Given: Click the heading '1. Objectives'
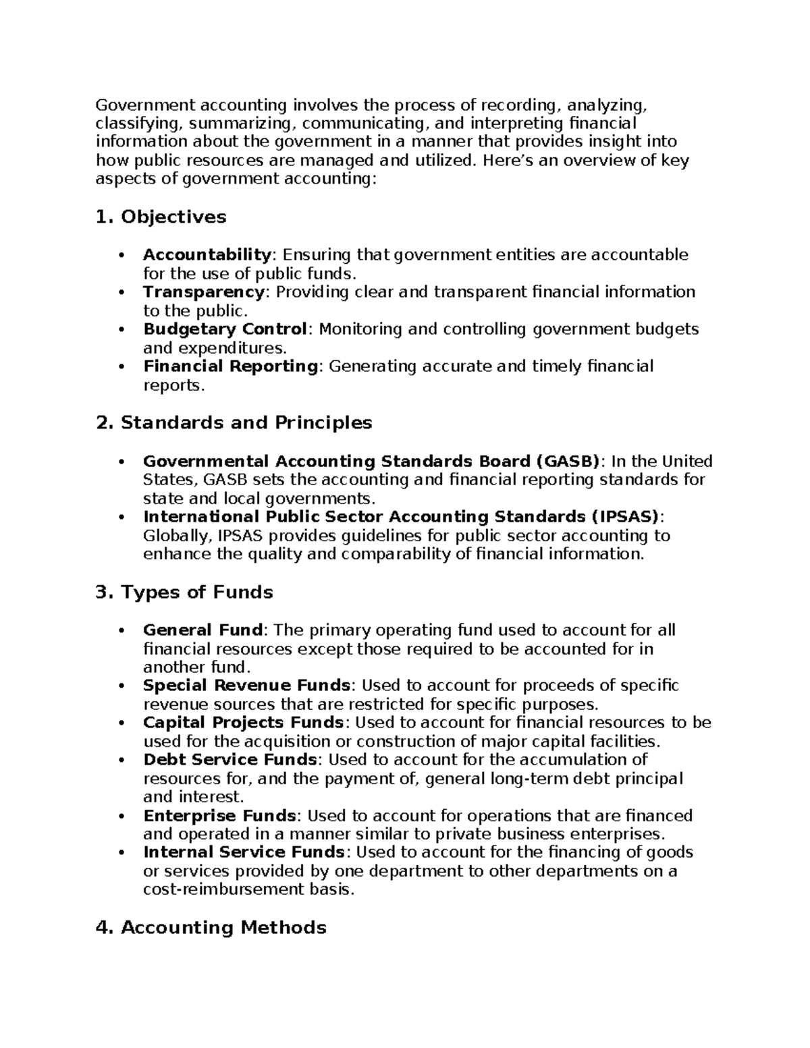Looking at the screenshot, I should (x=161, y=217).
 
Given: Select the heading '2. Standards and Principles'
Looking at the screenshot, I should (x=234, y=423).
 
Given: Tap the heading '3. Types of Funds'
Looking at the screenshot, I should (x=184, y=592).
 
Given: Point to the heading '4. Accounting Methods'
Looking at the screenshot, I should (x=211, y=928).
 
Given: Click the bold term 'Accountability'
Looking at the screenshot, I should (x=207, y=255).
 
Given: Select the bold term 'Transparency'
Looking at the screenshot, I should (x=203, y=292).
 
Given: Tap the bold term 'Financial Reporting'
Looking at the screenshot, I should (x=230, y=366).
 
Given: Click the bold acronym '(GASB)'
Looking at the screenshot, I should (x=567, y=462).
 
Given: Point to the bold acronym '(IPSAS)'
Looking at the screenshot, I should (x=625, y=517).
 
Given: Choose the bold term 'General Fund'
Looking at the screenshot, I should (x=202, y=630).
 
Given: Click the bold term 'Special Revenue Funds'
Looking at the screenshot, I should (x=246, y=686).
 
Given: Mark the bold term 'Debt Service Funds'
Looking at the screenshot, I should (x=230, y=760).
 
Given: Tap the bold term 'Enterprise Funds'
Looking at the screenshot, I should (x=219, y=816).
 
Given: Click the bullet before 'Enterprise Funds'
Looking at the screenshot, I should (x=122, y=817).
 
